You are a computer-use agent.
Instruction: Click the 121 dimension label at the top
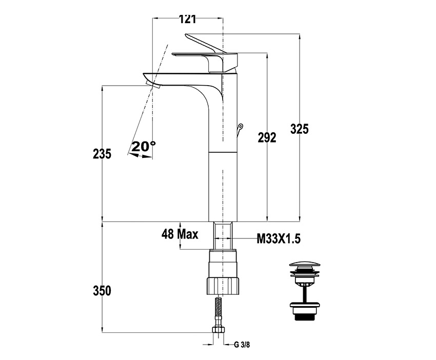tap(187, 19)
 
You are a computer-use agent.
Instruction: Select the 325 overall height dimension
tap(300, 129)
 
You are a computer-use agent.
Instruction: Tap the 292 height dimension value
tap(267, 137)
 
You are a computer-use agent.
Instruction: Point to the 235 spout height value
tap(102, 154)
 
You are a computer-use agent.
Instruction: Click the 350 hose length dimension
tap(102, 291)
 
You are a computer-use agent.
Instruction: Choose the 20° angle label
tap(144, 146)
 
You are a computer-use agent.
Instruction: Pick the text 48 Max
tap(180, 234)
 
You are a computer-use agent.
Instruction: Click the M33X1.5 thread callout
tap(279, 239)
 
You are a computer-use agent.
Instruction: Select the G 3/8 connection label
tap(242, 345)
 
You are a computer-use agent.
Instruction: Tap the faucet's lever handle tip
tap(187, 35)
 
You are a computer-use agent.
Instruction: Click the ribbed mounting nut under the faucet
tap(223, 285)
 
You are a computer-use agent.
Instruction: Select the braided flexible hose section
tap(219, 312)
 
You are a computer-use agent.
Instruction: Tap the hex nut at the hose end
tap(218, 330)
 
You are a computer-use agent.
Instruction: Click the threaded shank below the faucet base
tap(223, 235)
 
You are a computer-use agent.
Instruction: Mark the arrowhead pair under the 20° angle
tap(141, 156)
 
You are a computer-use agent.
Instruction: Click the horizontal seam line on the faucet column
tap(223, 152)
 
